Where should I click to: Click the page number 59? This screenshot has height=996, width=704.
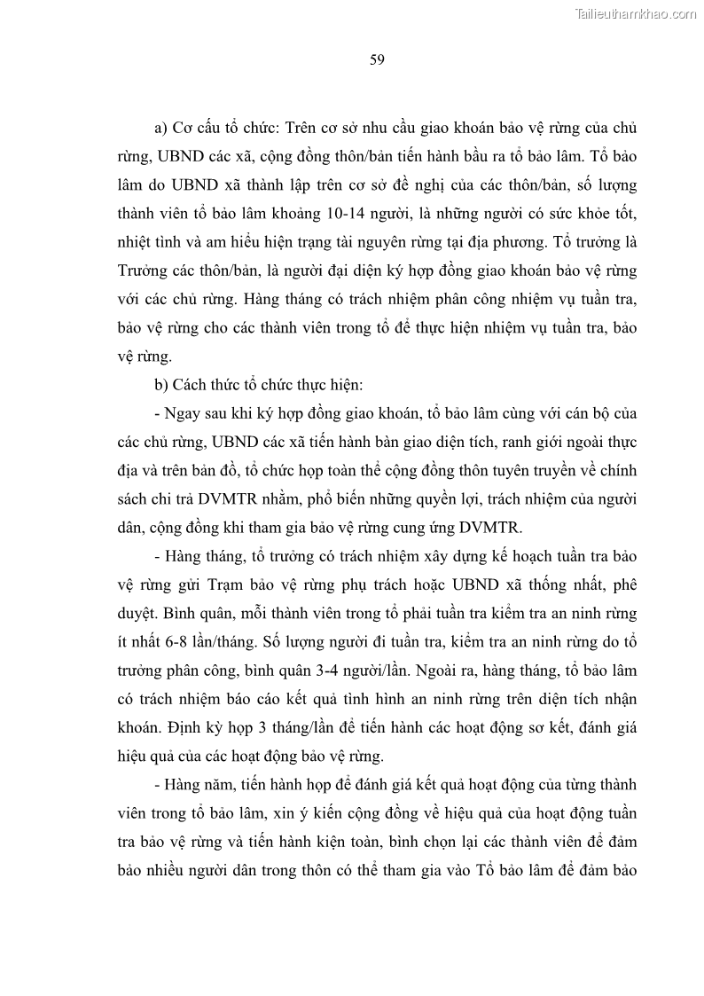(x=376, y=60)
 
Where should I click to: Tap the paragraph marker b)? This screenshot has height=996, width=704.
(x=161, y=386)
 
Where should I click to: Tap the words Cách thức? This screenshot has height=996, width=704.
(x=206, y=386)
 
